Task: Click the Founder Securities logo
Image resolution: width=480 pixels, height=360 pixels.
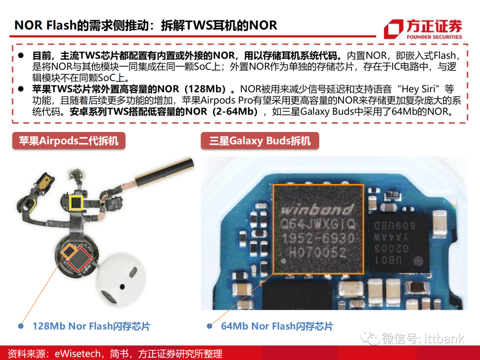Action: click(x=423, y=29)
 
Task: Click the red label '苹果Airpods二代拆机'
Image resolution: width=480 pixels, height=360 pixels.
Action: click(x=68, y=141)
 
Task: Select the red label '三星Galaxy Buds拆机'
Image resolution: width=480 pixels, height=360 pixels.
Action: click(x=260, y=141)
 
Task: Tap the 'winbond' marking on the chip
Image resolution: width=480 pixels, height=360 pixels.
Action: click(x=317, y=210)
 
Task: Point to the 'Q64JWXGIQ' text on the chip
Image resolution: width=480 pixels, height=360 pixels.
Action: click(x=318, y=224)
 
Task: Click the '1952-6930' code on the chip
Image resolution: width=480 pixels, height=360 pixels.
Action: click(x=318, y=238)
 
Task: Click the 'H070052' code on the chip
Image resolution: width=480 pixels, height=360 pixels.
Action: click(x=317, y=252)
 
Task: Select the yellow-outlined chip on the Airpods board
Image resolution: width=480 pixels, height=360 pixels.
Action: click(x=76, y=203)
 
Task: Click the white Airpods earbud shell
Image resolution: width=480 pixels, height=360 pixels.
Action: click(x=120, y=280)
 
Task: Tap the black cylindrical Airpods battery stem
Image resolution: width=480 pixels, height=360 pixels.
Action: click(x=165, y=172)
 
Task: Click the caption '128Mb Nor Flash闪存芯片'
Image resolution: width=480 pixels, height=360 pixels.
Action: click(x=91, y=326)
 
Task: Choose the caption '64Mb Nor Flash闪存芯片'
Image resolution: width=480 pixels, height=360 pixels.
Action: click(x=277, y=326)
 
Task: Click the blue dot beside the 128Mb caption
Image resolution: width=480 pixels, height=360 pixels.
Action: click(x=21, y=326)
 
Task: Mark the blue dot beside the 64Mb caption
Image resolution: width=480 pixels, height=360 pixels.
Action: click(x=210, y=326)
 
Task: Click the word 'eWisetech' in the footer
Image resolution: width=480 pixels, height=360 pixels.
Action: click(x=77, y=354)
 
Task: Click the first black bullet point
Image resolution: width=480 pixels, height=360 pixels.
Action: click(x=21, y=56)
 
